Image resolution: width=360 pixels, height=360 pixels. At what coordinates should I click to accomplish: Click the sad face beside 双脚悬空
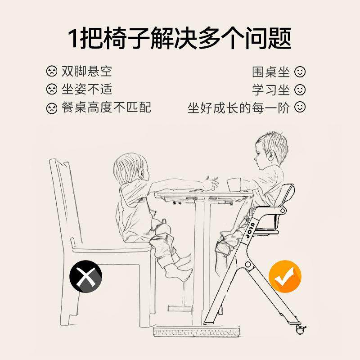(52, 72)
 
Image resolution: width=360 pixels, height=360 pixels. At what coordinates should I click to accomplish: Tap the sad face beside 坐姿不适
(52, 90)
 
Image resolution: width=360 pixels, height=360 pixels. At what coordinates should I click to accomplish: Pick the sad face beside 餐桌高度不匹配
(52, 108)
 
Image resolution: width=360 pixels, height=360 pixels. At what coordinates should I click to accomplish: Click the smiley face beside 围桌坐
(300, 72)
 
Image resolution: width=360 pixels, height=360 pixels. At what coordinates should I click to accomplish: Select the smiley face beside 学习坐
(300, 90)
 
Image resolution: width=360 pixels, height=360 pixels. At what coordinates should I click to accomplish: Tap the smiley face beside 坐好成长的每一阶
(300, 108)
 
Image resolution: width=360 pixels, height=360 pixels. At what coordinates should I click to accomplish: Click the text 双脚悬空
(87, 72)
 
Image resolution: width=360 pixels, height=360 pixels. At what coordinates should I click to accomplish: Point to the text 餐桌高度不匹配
(106, 108)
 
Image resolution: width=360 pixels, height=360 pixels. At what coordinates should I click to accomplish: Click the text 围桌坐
(271, 72)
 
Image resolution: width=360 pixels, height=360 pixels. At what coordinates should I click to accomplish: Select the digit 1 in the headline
(73, 38)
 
